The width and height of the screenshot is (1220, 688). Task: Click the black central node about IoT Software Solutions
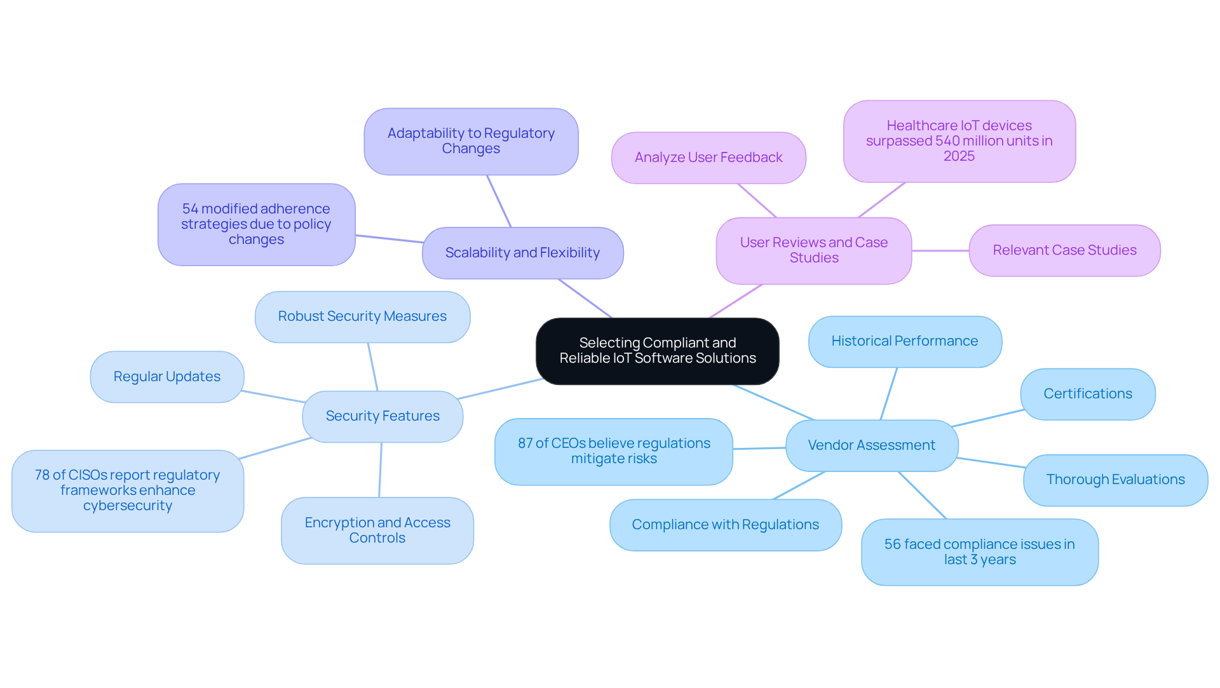pyautogui.click(x=657, y=351)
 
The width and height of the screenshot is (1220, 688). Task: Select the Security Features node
pyautogui.click(x=383, y=416)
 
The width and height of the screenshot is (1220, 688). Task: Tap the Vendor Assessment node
pyautogui.click(x=871, y=445)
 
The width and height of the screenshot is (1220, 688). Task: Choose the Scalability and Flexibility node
pyautogui.click(x=522, y=253)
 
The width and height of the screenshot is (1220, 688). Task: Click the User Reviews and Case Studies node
pyautogui.click(x=813, y=250)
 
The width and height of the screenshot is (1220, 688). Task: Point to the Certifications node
pyautogui.click(x=1087, y=394)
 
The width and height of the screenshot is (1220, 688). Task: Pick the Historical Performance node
pyautogui.click(x=904, y=341)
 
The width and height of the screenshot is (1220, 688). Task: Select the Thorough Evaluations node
pyautogui.click(x=1115, y=480)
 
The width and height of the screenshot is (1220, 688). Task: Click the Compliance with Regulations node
pyautogui.click(x=725, y=525)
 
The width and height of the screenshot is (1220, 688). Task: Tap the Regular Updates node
pyautogui.click(x=166, y=377)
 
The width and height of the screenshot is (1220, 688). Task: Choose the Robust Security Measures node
pyautogui.click(x=362, y=316)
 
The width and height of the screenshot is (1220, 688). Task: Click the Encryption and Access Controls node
pyautogui.click(x=377, y=530)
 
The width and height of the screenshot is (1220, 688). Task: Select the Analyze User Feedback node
pyautogui.click(x=708, y=158)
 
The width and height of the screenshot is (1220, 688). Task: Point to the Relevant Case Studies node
pyautogui.click(x=1064, y=250)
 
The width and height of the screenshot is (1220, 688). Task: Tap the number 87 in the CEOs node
pyautogui.click(x=525, y=443)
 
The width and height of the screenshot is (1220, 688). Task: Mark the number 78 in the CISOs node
pyautogui.click(x=42, y=475)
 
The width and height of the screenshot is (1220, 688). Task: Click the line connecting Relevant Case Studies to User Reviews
pyautogui.click(x=940, y=250)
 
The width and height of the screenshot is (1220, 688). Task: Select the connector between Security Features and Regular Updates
pyautogui.click(x=273, y=396)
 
